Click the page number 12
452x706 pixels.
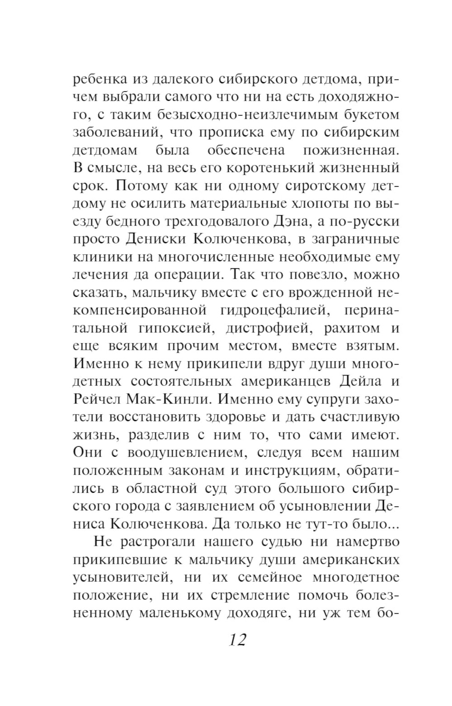237,640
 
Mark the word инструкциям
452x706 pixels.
292,470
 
